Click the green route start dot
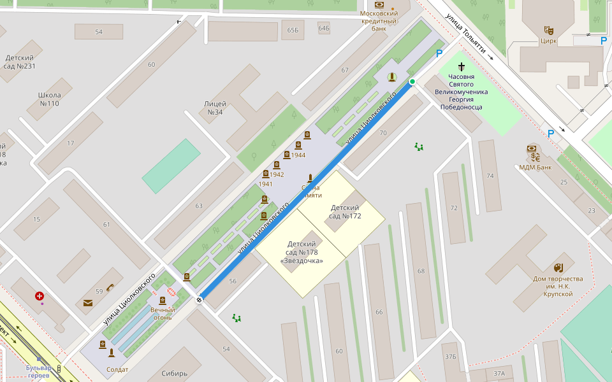point(412,81)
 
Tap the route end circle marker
point(200,299)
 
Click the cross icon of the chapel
point(461,66)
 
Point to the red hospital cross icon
point(40,296)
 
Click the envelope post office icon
point(88,303)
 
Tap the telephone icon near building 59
point(110,287)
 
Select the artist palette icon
point(558,267)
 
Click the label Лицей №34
point(214,108)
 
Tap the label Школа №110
point(49,99)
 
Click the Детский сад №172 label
point(345,211)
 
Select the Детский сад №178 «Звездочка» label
point(302,252)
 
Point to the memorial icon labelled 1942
point(266,174)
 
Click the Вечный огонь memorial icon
point(163,301)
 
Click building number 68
point(421,271)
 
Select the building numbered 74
point(490,176)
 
